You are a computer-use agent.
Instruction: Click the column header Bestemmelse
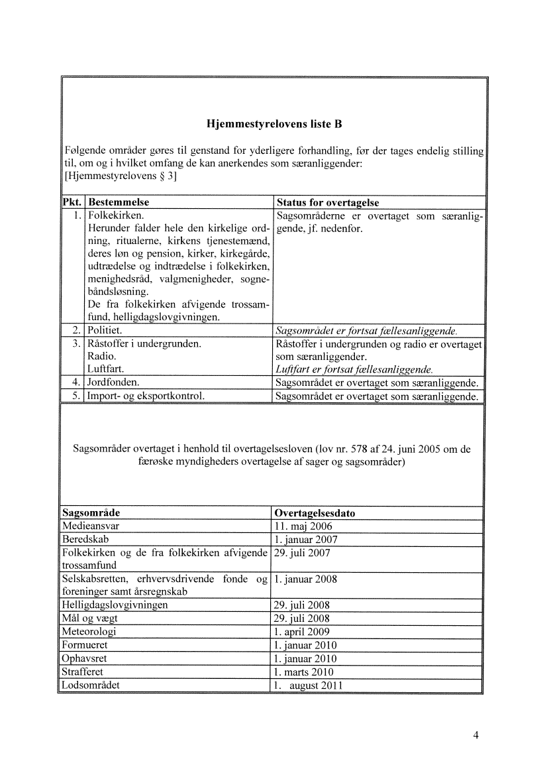(119, 202)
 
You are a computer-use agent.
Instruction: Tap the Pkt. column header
(72, 202)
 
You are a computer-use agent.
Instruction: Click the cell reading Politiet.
(105, 330)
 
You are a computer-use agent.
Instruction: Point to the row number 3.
(77, 343)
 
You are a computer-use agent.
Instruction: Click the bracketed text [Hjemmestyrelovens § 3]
(119, 176)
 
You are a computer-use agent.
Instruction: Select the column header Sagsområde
(91, 513)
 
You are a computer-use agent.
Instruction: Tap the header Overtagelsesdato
(319, 513)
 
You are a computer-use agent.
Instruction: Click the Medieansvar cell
(89, 526)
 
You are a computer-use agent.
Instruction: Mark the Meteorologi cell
(89, 632)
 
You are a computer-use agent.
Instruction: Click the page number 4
(475, 735)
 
